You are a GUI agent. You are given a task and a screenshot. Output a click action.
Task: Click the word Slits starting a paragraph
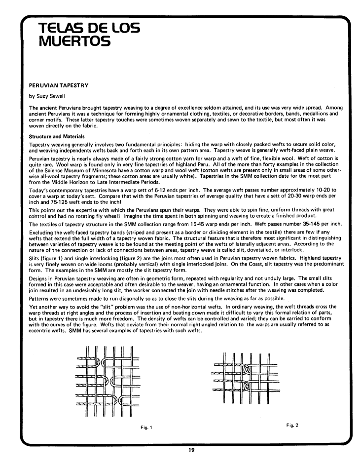coord(34,257)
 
